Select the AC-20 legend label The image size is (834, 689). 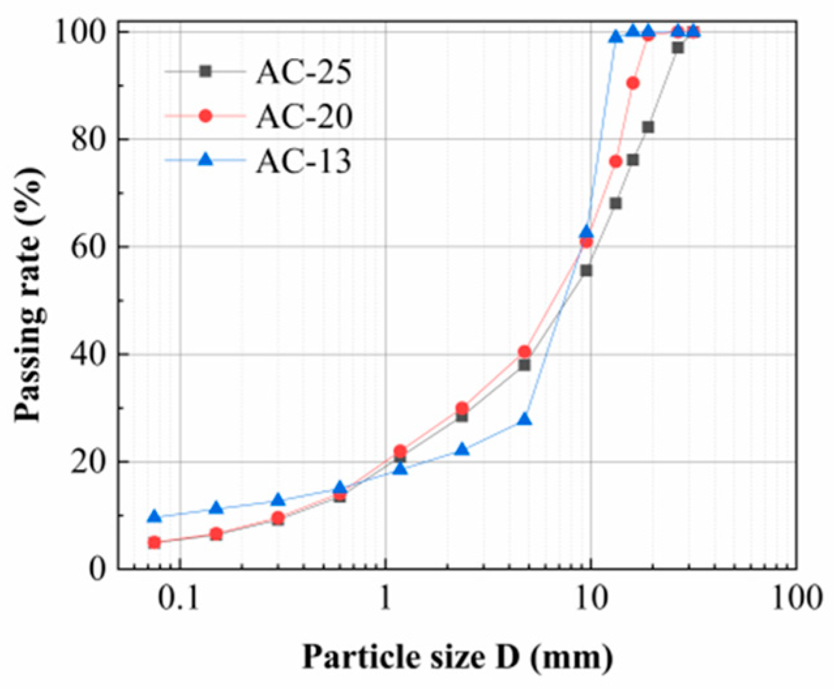click(x=304, y=116)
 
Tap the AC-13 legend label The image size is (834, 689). click(x=303, y=161)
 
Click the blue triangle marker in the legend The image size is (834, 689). click(x=205, y=159)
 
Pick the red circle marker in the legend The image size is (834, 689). click(x=205, y=115)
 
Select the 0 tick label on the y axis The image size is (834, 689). click(x=98, y=569)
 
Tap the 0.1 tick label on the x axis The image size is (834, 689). click(x=179, y=598)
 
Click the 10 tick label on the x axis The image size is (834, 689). click(x=590, y=598)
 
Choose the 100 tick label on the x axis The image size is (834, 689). click(x=796, y=598)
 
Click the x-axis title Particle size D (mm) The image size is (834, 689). click(x=456, y=656)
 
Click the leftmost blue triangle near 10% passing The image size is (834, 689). click(x=154, y=516)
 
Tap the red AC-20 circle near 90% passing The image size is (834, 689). click(x=633, y=83)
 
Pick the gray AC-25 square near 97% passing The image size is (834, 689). click(x=678, y=48)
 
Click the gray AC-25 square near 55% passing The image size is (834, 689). click(x=586, y=270)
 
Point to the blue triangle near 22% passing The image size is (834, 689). click(x=462, y=450)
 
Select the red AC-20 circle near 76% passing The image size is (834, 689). click(x=616, y=161)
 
